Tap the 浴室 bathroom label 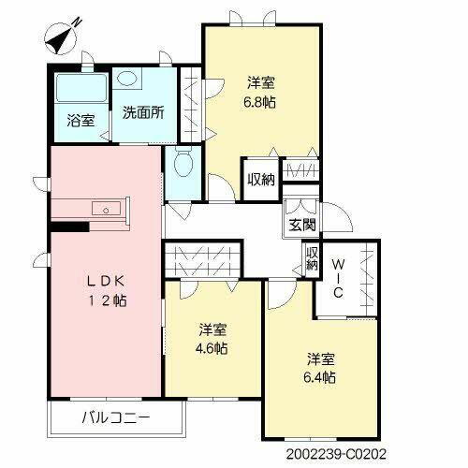[80, 119]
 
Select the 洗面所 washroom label [143, 112]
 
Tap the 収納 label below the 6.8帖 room [261, 179]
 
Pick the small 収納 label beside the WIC [312, 258]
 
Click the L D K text [103, 281]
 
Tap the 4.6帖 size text [212, 349]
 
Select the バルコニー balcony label [115, 417]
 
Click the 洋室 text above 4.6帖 [212, 329]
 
